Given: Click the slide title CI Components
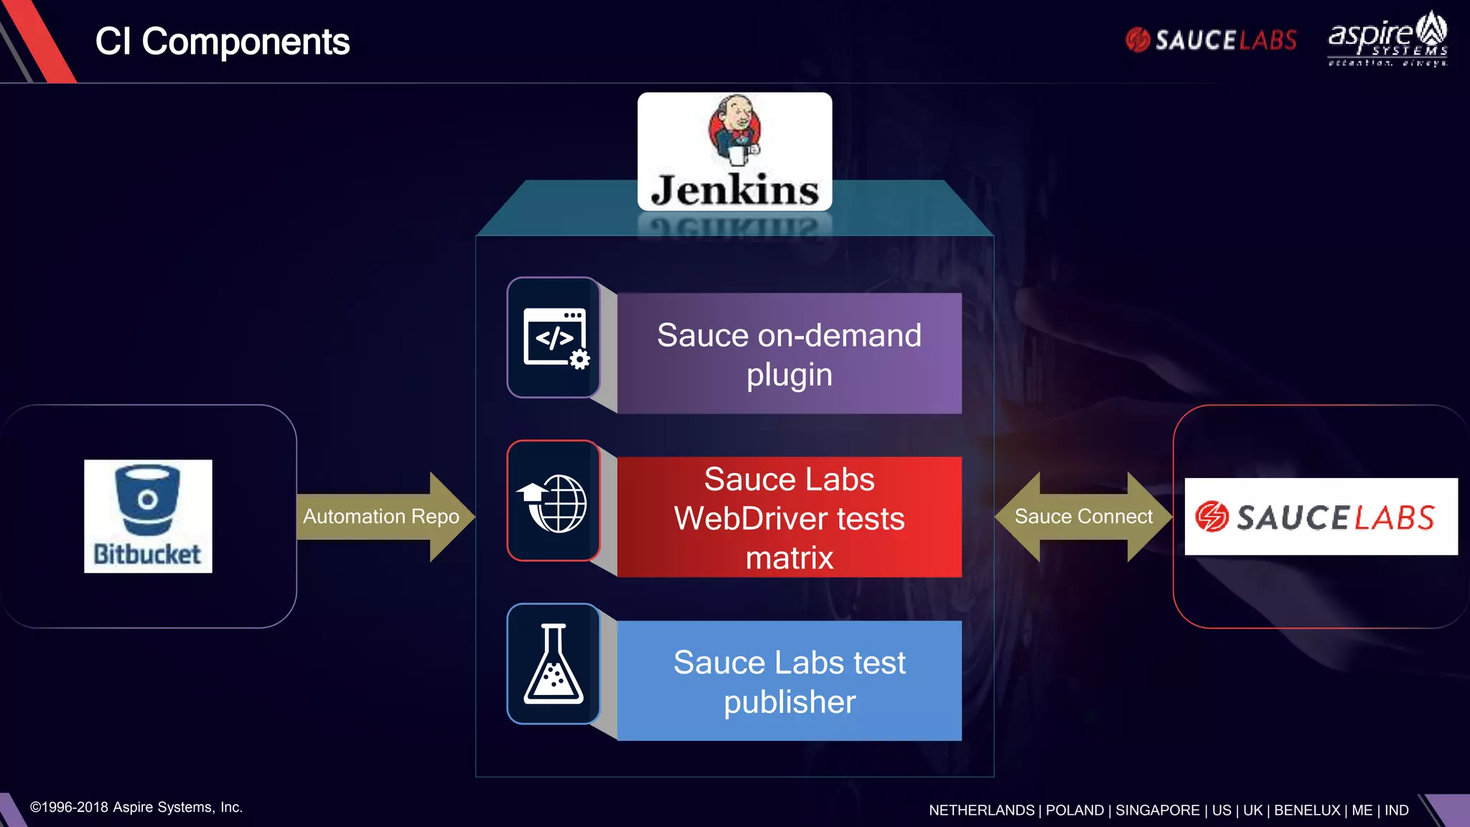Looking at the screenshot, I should (x=223, y=42).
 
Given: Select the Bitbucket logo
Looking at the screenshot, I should (x=148, y=515).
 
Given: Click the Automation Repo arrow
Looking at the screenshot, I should (x=381, y=516).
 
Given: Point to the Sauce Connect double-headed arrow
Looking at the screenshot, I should (x=1083, y=516).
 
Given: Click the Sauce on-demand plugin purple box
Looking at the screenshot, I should (x=789, y=354).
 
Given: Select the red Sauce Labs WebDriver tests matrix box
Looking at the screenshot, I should (x=789, y=518).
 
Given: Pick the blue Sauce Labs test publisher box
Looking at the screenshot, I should (x=789, y=681).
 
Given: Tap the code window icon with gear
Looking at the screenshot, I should (x=554, y=337).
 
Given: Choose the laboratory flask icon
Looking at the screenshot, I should (x=553, y=664).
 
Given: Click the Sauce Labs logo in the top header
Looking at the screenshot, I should (x=1211, y=40).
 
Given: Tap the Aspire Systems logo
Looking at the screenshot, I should (x=1387, y=40).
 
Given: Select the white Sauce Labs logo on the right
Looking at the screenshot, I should (x=1321, y=516).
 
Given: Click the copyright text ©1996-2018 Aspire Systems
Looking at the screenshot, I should (x=136, y=807).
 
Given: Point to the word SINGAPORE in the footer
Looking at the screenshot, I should (x=1157, y=810).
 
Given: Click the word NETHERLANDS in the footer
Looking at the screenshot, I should (x=981, y=810).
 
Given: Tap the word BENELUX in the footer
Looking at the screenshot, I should (x=1306, y=810).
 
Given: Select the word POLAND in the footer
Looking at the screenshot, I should (x=1075, y=810).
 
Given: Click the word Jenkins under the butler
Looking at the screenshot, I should (x=734, y=190).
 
